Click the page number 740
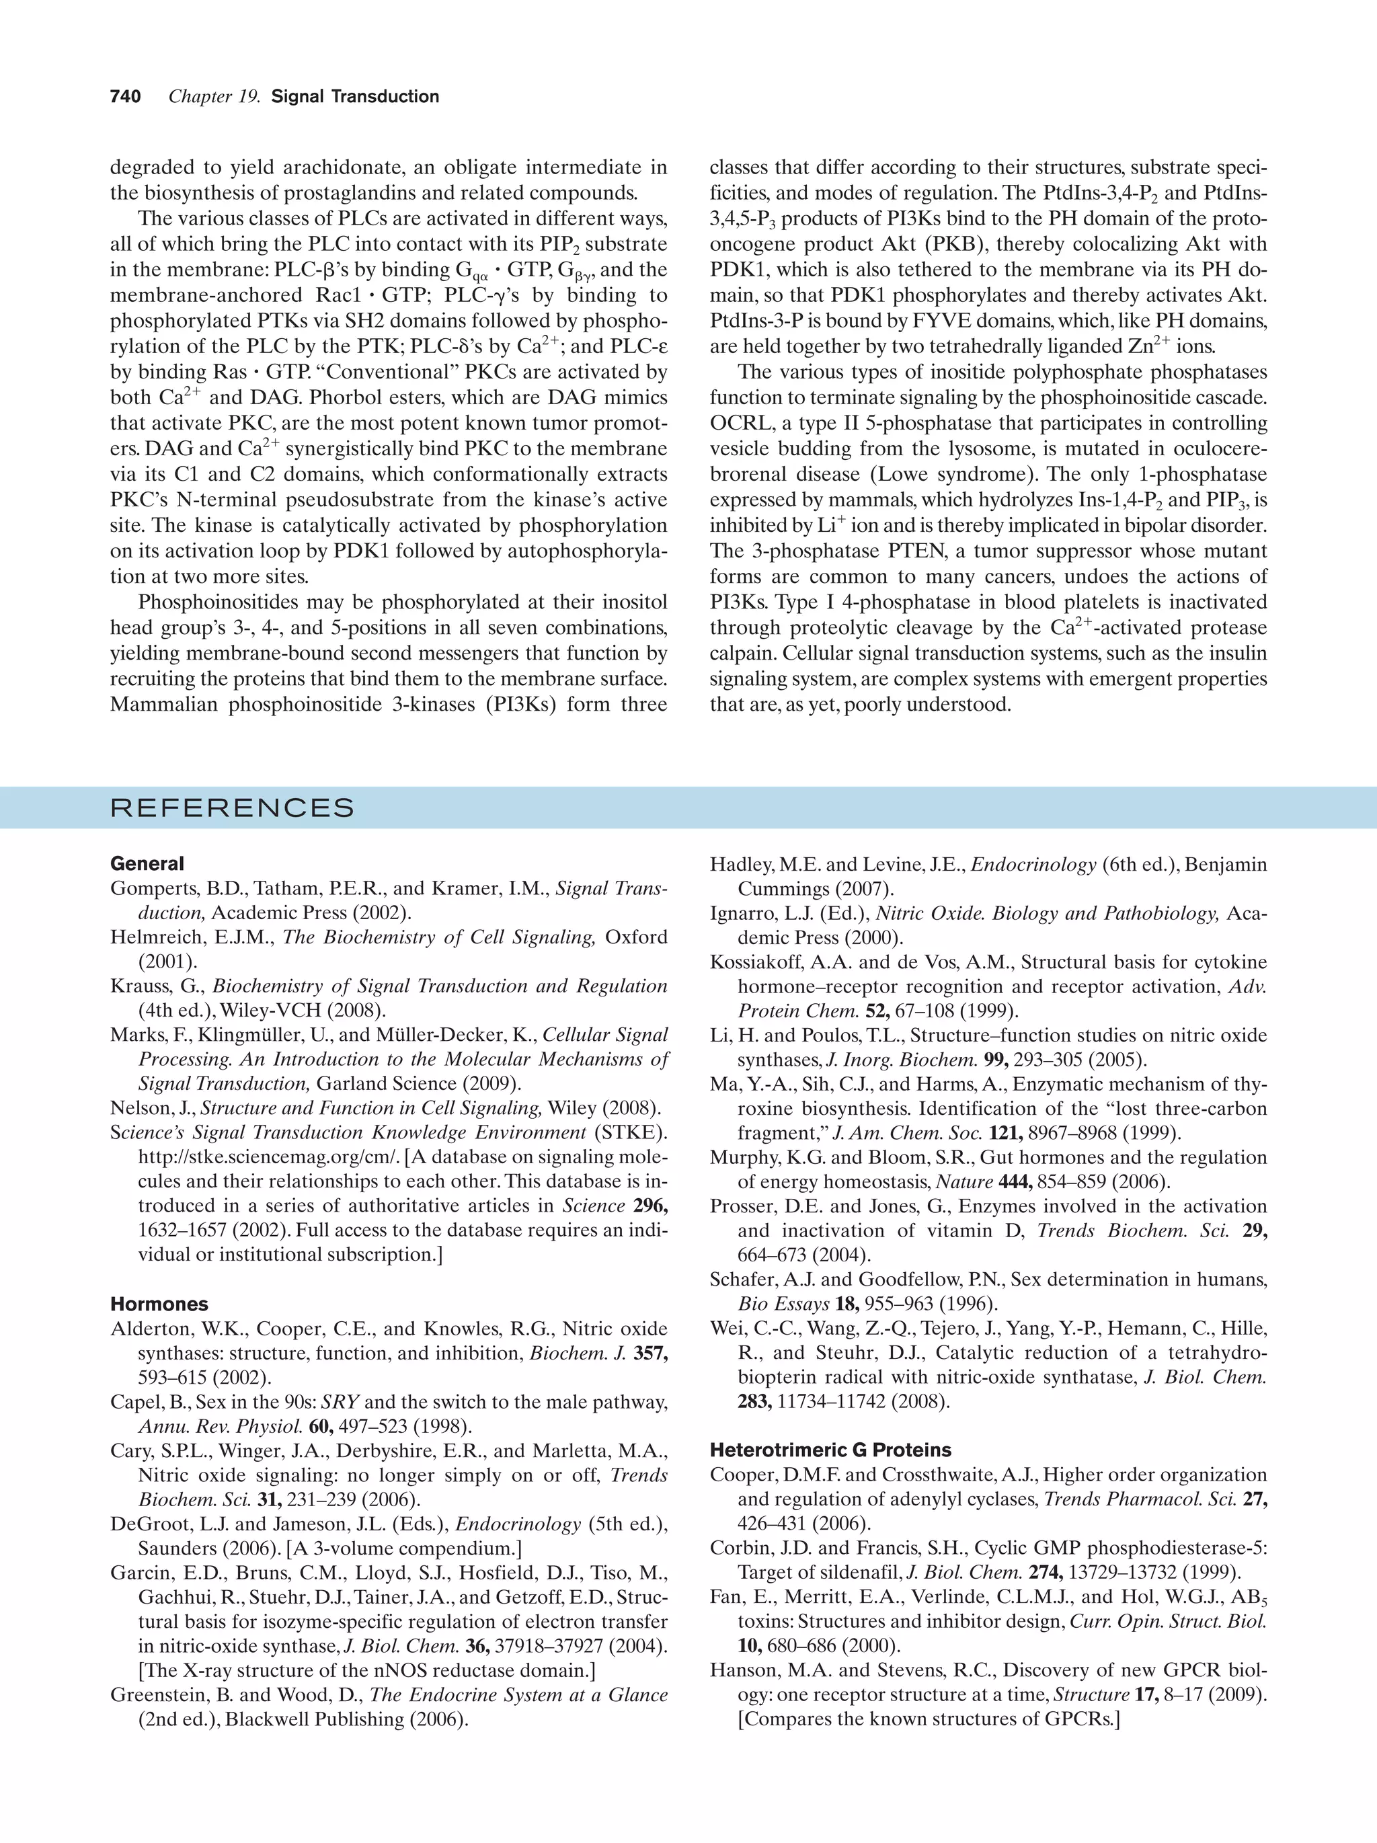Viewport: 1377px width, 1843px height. pyautogui.click(x=125, y=97)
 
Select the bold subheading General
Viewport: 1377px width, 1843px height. pyautogui.click(x=147, y=863)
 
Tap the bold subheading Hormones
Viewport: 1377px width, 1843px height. pyautogui.click(x=159, y=1304)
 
